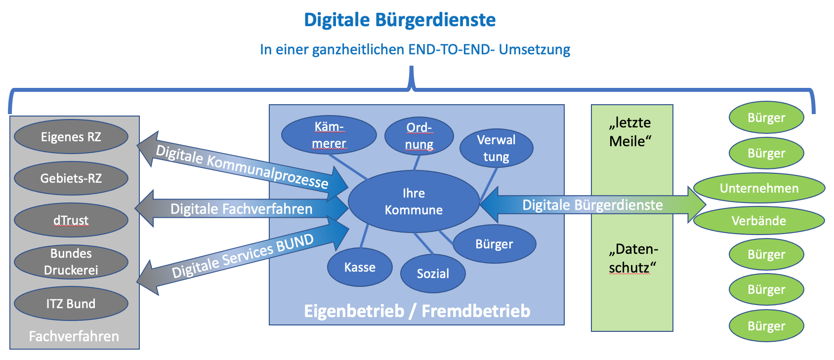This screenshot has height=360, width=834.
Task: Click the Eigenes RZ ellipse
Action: (x=71, y=137)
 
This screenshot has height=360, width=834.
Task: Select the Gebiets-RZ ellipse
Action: (x=71, y=178)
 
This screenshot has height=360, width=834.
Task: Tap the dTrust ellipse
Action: (x=71, y=220)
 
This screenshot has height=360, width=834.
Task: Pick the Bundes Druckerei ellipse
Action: (x=71, y=262)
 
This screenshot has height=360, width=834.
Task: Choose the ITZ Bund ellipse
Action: (x=71, y=304)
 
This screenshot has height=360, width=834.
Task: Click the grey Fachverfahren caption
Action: (x=74, y=336)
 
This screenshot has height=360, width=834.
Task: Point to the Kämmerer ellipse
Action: (x=329, y=135)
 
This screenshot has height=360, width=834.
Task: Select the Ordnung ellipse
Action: (x=419, y=136)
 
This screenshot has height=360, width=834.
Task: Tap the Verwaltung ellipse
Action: (x=497, y=148)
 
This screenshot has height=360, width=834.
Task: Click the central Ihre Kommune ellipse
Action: (x=414, y=201)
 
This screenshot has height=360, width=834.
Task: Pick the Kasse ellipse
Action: (x=360, y=267)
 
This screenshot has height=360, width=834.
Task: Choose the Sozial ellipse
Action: (x=433, y=274)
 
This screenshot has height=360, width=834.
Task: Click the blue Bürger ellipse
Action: (x=494, y=244)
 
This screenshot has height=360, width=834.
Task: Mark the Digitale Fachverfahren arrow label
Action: (x=241, y=209)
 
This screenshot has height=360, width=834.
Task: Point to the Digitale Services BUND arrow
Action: (x=243, y=256)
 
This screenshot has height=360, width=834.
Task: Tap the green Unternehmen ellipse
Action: (x=759, y=188)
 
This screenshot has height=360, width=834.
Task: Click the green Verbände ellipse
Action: (x=759, y=221)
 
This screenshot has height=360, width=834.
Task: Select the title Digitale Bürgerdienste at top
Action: (x=400, y=20)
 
